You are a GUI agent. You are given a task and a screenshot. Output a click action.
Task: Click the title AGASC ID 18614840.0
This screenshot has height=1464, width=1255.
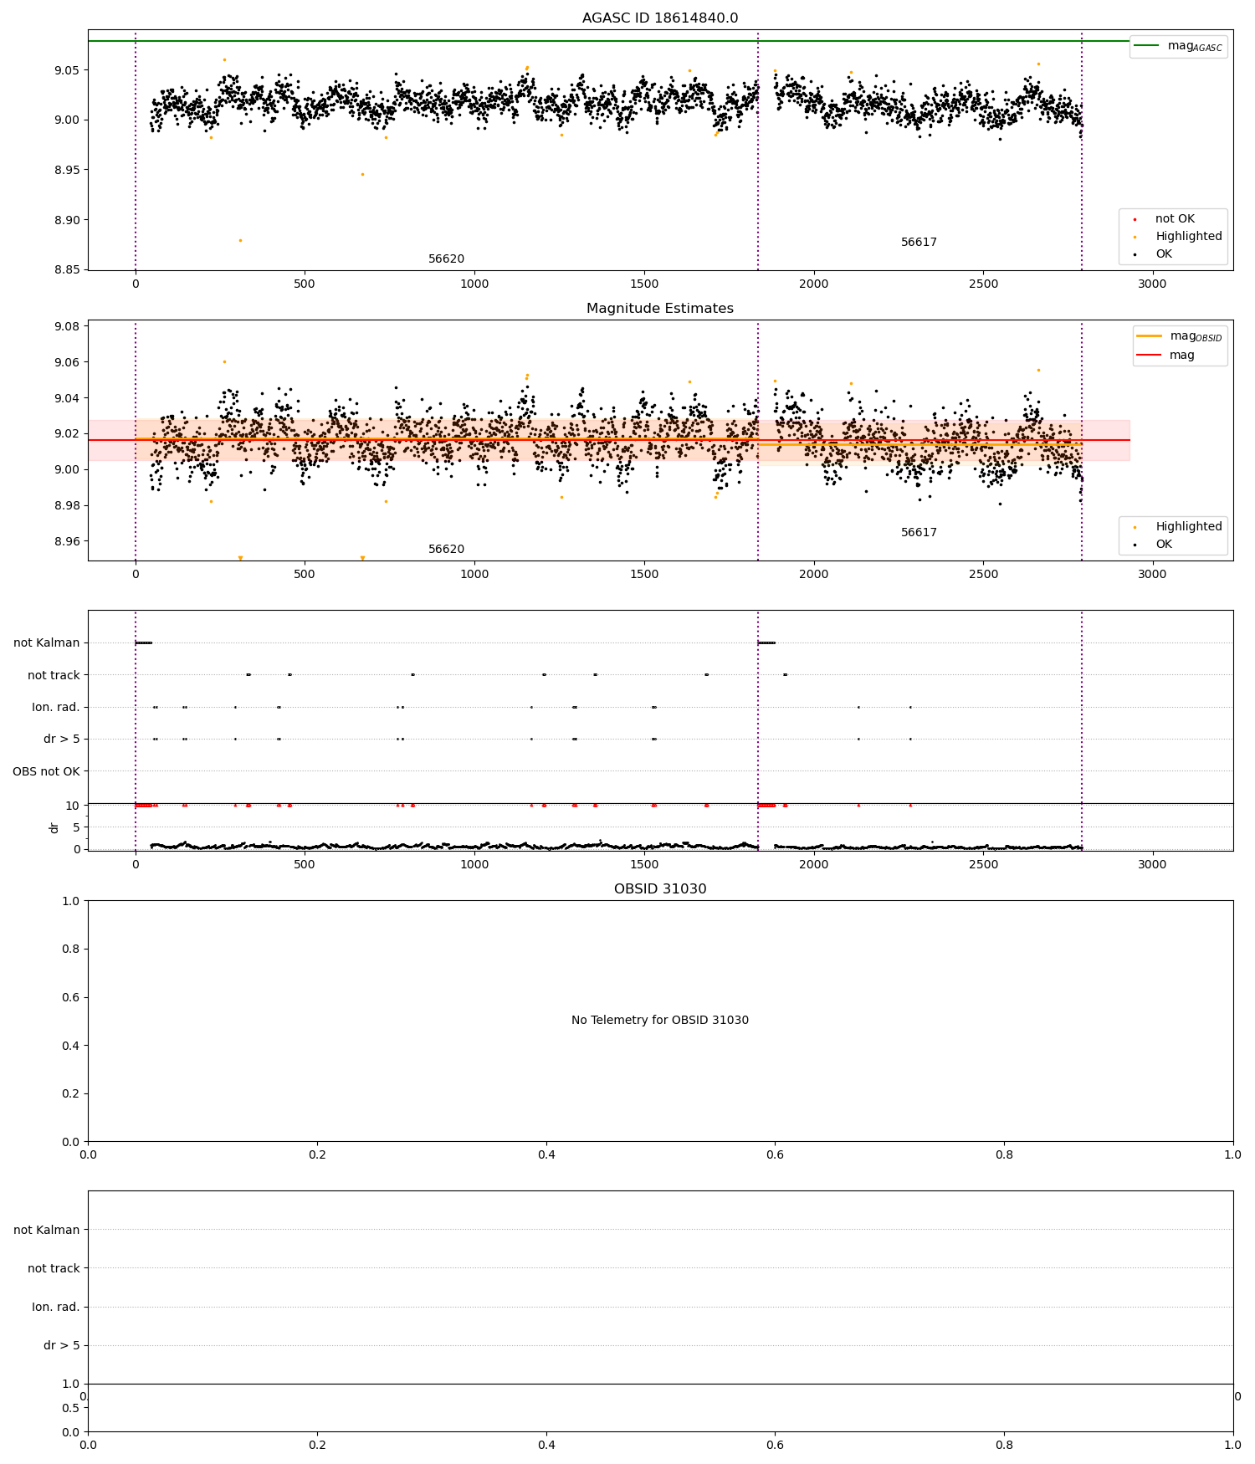pyautogui.click(x=660, y=18)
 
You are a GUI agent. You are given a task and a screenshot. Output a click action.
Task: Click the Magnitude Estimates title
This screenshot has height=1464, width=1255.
pyautogui.click(x=660, y=309)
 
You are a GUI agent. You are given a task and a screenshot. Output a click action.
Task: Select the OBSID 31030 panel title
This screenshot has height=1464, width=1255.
pyautogui.click(x=660, y=889)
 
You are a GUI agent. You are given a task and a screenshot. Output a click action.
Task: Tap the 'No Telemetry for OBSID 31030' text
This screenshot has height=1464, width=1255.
pyautogui.click(x=660, y=1021)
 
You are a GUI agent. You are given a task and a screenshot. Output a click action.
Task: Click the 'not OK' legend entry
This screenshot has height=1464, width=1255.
pyautogui.click(x=1175, y=219)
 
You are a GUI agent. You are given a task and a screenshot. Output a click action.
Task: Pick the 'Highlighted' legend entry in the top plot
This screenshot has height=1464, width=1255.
pyautogui.click(x=1188, y=237)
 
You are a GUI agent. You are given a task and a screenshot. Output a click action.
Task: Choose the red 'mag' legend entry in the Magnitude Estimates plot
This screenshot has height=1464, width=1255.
pyautogui.click(x=1181, y=356)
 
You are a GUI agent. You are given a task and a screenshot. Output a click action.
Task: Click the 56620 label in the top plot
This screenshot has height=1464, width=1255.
pyautogui.click(x=446, y=259)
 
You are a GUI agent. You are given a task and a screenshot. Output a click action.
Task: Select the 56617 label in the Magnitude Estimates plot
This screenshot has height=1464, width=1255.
pyautogui.click(x=919, y=533)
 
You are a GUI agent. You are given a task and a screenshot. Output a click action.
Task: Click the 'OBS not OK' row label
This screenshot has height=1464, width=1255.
pyautogui.click(x=46, y=771)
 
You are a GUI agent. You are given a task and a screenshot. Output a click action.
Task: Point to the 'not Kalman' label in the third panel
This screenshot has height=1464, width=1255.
pyautogui.click(x=47, y=643)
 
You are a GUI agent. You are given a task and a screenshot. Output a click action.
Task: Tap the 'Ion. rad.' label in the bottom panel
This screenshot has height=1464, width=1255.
pyautogui.click(x=56, y=1307)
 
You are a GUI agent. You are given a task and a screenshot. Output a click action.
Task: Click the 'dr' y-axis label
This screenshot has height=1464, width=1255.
pyautogui.click(x=54, y=827)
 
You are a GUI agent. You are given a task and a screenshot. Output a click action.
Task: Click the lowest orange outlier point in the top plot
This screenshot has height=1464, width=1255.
pyautogui.click(x=240, y=241)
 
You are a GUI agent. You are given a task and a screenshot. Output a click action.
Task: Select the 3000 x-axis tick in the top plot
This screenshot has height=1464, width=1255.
pyautogui.click(x=1152, y=284)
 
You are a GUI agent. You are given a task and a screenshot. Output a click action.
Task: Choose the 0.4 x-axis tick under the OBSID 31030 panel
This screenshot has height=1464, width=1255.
pyautogui.click(x=546, y=1155)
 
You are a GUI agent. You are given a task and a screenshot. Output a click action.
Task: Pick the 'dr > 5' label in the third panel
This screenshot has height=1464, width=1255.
pyautogui.click(x=62, y=740)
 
